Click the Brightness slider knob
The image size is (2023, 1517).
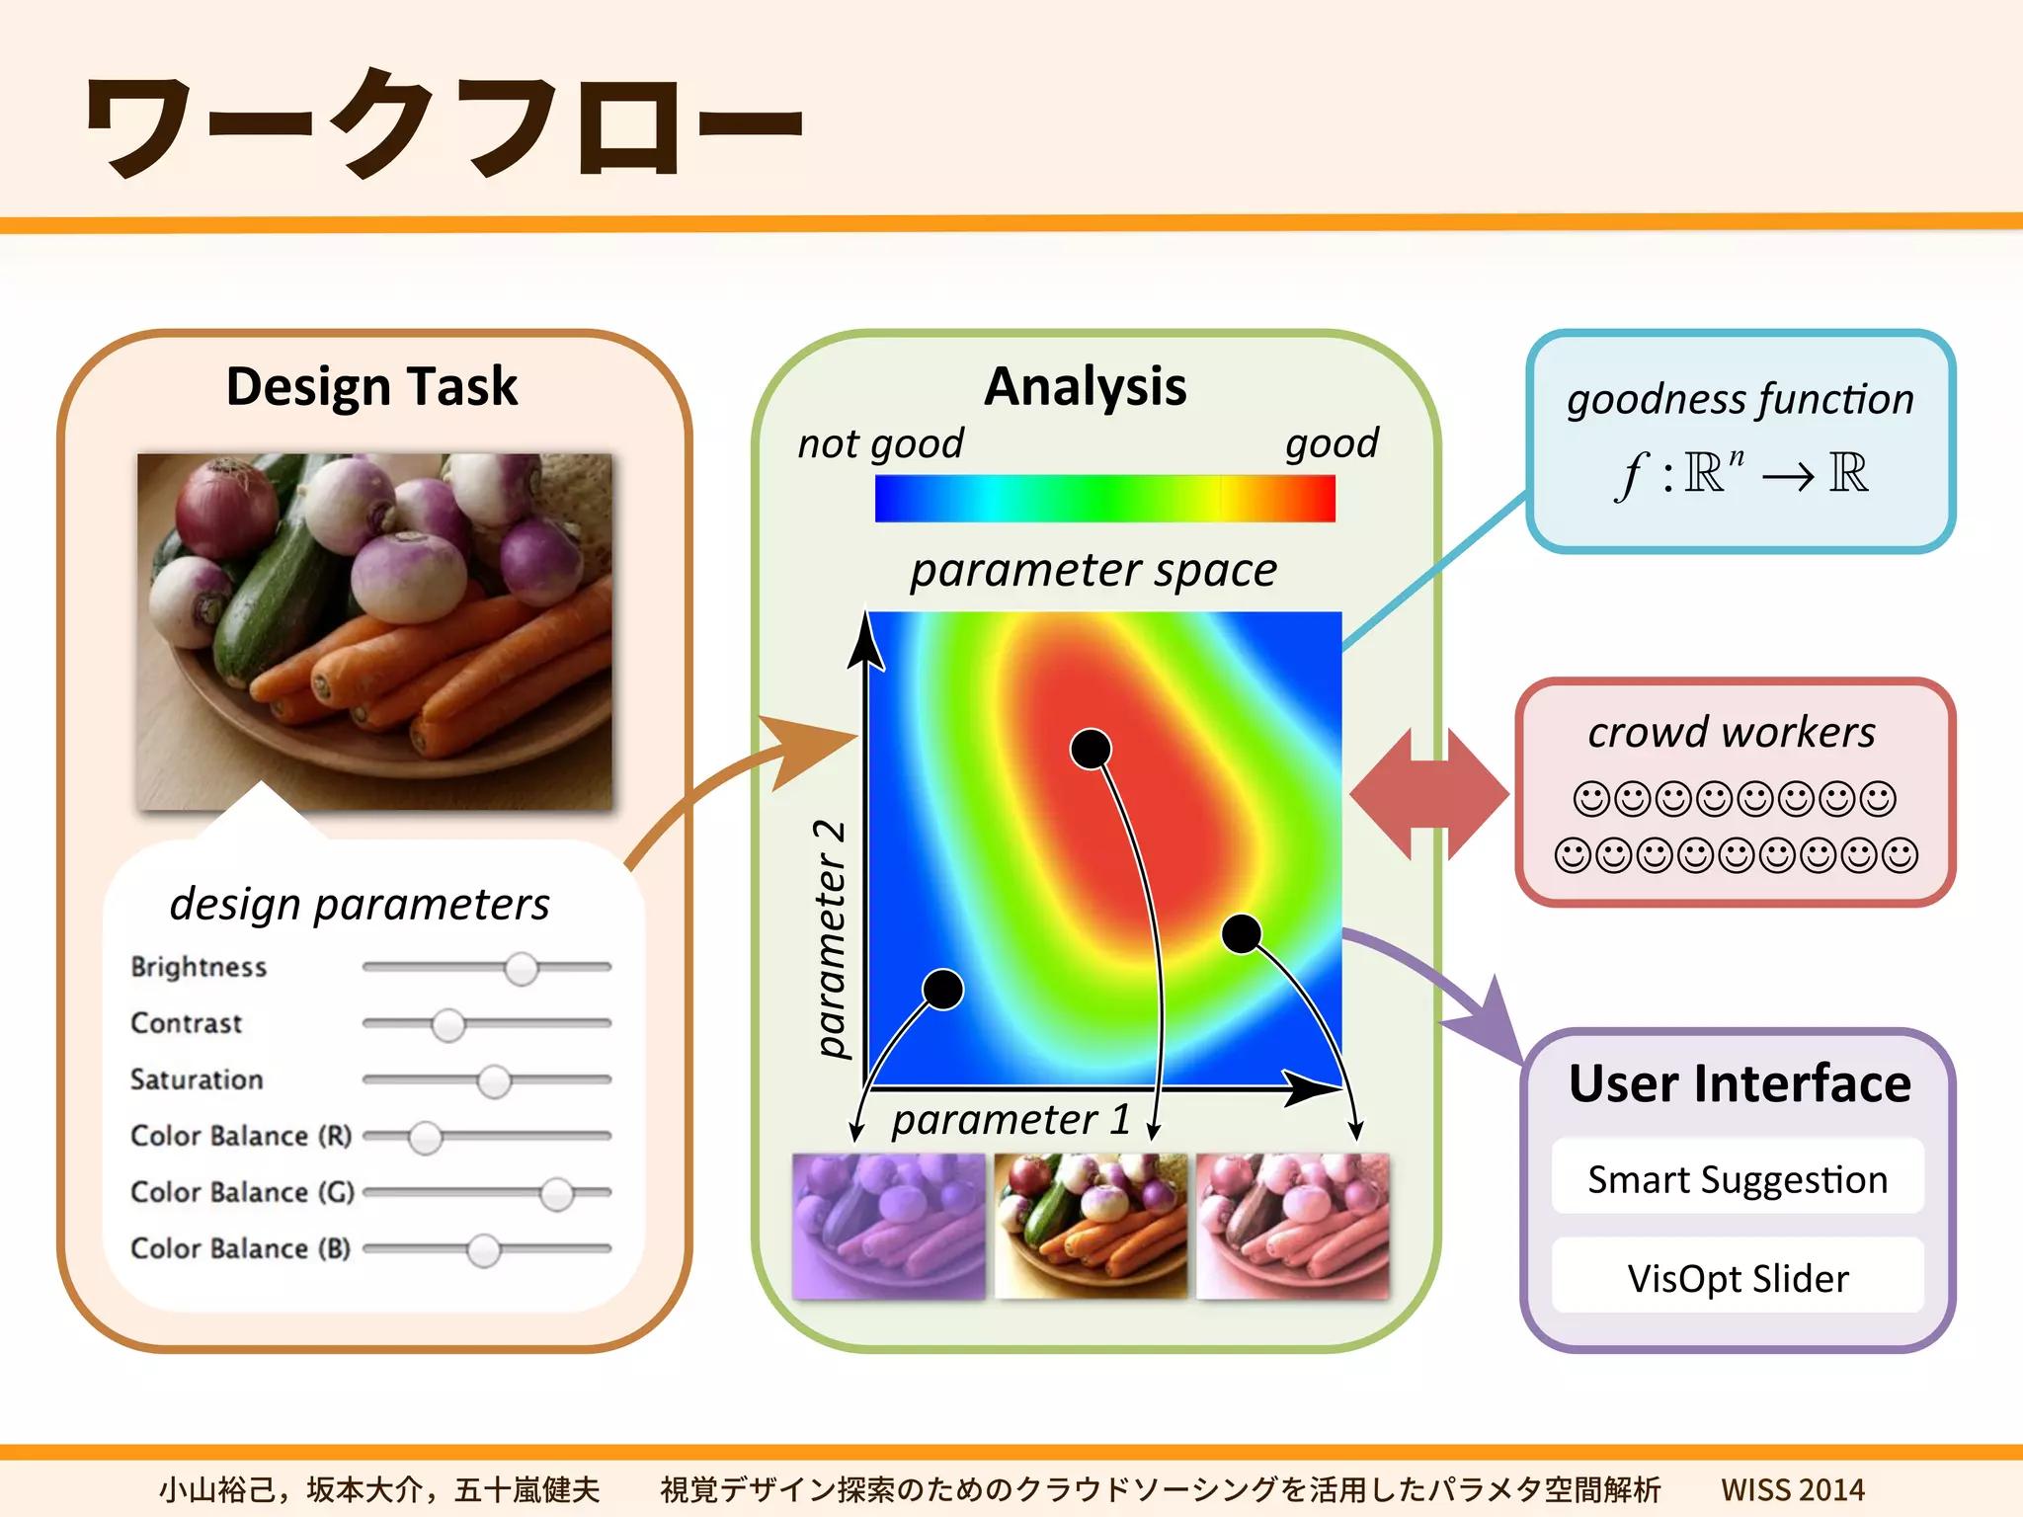(521, 969)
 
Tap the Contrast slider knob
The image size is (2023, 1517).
(447, 1025)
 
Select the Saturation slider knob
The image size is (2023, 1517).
(494, 1081)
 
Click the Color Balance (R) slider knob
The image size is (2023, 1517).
(425, 1138)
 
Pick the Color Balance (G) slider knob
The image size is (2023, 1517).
(556, 1194)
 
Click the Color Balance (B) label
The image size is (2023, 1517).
(240, 1248)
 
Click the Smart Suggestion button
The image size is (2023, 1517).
(1738, 1179)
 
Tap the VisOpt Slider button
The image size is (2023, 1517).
(1738, 1278)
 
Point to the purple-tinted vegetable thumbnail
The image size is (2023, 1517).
(888, 1226)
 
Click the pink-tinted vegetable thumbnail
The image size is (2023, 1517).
(1292, 1226)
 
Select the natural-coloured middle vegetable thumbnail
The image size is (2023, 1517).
(1091, 1226)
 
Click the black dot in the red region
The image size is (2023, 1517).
(1091, 750)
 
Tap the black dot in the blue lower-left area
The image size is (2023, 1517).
(942, 989)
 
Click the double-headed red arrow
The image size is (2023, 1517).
(1428, 794)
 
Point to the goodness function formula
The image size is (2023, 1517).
(1740, 474)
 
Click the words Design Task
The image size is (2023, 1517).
(371, 386)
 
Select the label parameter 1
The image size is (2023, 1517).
(1011, 1120)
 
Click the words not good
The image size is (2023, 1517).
(880, 443)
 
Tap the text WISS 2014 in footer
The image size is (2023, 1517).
(1792, 1488)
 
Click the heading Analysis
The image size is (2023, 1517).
(1085, 386)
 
